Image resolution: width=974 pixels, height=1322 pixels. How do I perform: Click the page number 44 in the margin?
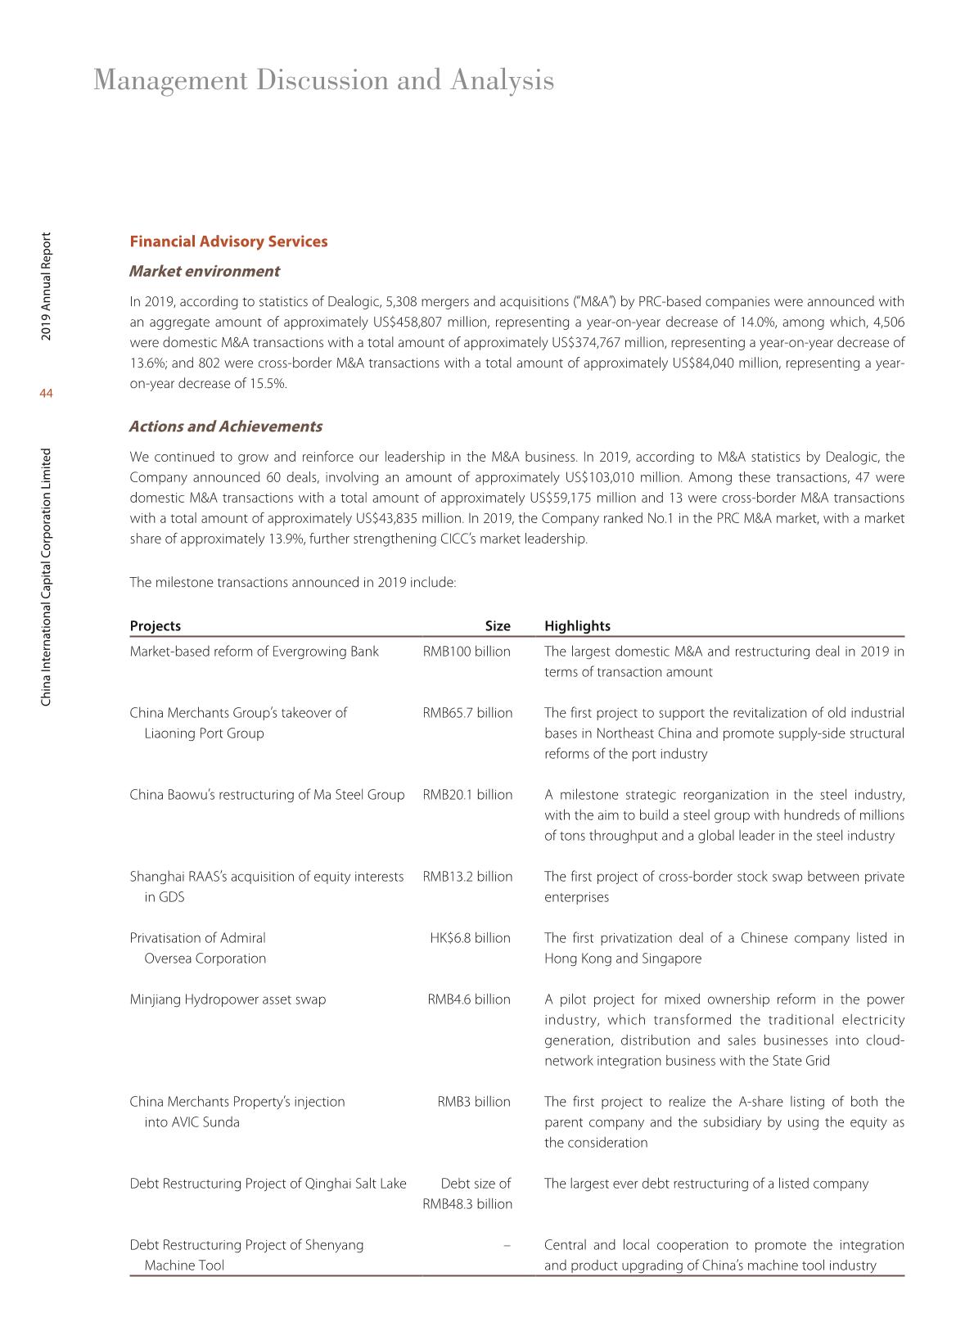click(46, 394)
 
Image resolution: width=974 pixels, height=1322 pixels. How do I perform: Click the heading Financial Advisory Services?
click(228, 241)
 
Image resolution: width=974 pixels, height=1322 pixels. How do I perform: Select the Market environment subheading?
click(205, 271)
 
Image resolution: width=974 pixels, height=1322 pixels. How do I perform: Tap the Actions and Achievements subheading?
click(226, 426)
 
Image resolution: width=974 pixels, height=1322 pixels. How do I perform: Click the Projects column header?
click(156, 625)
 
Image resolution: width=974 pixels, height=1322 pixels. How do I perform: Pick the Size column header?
click(497, 625)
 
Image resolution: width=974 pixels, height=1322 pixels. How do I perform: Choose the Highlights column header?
click(577, 625)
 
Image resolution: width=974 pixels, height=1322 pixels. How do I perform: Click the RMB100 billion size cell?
click(467, 652)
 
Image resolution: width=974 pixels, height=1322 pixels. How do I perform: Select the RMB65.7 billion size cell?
click(467, 713)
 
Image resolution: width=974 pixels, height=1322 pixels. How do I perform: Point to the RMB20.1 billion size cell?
click(467, 795)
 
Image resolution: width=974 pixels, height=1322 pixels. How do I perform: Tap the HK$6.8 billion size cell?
click(470, 938)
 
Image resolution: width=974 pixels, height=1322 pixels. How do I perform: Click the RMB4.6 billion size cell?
click(469, 999)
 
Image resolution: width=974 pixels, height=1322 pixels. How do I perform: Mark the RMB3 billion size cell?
click(474, 1102)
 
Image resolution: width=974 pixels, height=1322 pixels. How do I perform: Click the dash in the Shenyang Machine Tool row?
click(507, 1245)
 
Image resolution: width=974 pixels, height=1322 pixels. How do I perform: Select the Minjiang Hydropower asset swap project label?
click(228, 999)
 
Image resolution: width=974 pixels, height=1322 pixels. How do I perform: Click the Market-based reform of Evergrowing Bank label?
click(254, 652)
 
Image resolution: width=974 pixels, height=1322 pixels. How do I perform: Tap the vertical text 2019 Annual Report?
click(47, 287)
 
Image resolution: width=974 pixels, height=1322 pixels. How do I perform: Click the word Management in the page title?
click(170, 80)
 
